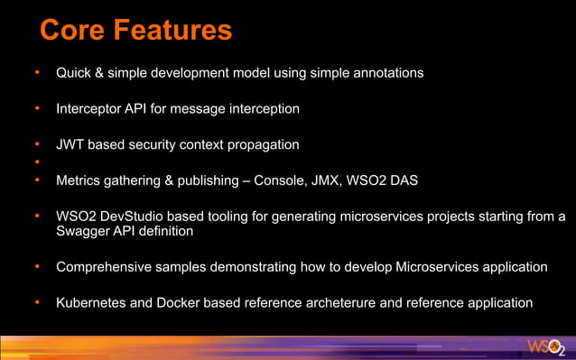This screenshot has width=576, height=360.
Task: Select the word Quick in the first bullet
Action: pos(75,72)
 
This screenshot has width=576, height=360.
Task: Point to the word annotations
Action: pos(386,72)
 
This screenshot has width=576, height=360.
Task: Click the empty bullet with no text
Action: pos(37,162)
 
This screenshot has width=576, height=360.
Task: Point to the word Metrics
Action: pos(79,180)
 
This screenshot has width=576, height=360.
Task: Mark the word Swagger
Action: pos(82,231)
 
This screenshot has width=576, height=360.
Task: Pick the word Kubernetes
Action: pos(91,303)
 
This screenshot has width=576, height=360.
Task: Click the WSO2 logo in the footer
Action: pos(546,347)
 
